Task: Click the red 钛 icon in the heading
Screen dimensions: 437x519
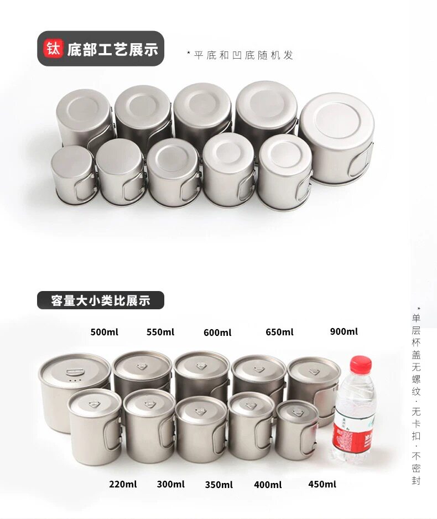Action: tap(53, 49)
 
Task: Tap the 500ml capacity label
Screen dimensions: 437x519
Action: tap(104, 332)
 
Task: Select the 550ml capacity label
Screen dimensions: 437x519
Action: tap(160, 332)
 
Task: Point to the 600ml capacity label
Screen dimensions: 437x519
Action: tap(217, 333)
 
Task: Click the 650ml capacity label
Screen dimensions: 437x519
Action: tap(279, 332)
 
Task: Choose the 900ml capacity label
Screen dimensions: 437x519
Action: tap(344, 331)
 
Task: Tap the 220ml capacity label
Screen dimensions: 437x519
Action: tap(123, 484)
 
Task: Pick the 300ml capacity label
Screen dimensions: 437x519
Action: tap(171, 484)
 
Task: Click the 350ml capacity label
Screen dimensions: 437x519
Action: tap(218, 485)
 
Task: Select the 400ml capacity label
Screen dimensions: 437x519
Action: tap(268, 485)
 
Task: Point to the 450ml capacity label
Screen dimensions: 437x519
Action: tap(322, 484)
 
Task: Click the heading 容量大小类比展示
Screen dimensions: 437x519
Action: tap(101, 300)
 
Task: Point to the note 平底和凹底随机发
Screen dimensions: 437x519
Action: tap(240, 55)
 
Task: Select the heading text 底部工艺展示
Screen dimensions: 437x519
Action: tap(112, 49)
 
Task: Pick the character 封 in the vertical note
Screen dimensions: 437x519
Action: tap(416, 480)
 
